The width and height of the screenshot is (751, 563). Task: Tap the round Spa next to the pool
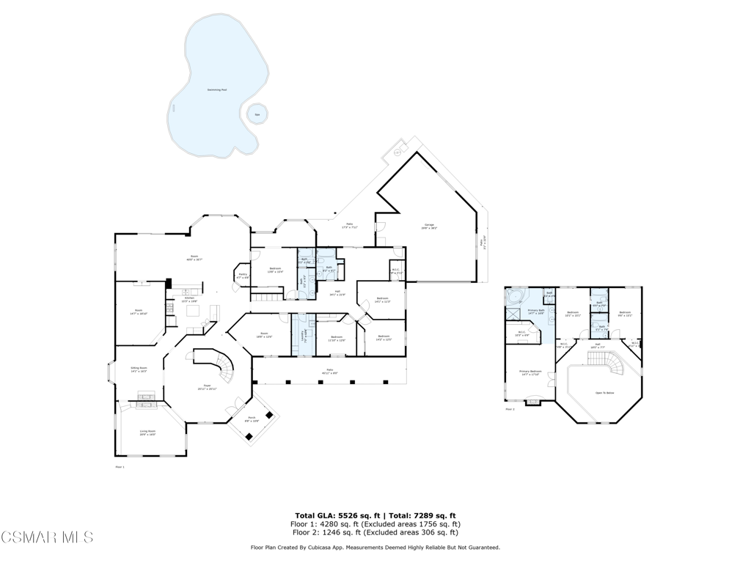tap(257, 114)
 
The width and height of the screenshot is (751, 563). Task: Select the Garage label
tap(429, 226)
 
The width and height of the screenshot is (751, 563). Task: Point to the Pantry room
tap(243, 276)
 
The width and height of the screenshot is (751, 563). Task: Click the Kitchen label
tap(188, 298)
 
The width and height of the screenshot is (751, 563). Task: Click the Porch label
tap(251, 419)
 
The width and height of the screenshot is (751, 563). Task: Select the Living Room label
tap(147, 433)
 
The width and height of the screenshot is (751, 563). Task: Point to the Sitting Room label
tap(139, 369)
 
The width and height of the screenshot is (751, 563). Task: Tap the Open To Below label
tap(605, 393)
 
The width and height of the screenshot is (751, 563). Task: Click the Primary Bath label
tap(537, 312)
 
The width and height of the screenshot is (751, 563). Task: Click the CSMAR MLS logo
tap(48, 537)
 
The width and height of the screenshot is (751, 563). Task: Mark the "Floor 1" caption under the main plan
tap(120, 467)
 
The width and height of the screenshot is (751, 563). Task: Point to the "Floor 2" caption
tap(510, 409)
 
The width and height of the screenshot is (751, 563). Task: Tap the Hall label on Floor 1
tap(337, 292)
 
